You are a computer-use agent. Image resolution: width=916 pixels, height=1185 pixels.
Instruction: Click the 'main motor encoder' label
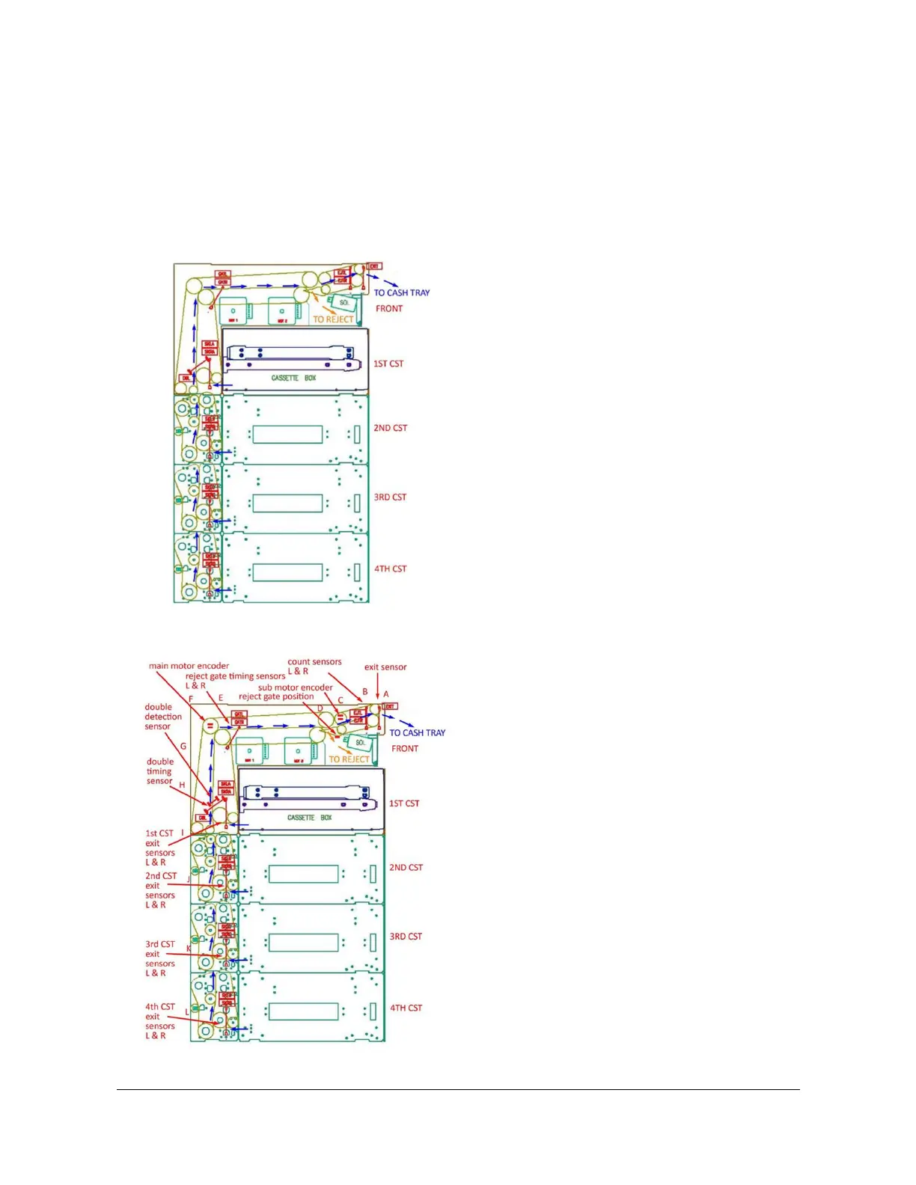[x=189, y=666]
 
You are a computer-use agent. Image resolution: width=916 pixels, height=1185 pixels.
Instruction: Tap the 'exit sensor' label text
[x=385, y=667]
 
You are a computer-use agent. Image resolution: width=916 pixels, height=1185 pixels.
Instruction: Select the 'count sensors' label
[x=314, y=662]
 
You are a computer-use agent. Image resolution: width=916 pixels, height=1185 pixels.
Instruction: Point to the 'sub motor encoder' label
[x=295, y=688]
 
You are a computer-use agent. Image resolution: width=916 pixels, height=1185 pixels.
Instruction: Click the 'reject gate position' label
[x=276, y=696]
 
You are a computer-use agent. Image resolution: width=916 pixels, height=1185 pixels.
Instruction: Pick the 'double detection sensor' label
[x=162, y=717]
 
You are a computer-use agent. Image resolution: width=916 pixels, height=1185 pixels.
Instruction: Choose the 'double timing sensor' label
[x=159, y=771]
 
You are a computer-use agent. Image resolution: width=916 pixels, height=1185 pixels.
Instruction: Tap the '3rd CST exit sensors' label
[x=159, y=958]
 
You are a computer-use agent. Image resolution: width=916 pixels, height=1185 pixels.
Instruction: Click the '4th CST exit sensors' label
[x=159, y=1021]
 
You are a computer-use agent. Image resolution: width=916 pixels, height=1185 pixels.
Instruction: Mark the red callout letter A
[x=386, y=694]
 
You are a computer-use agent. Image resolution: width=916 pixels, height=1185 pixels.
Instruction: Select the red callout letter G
[x=183, y=746]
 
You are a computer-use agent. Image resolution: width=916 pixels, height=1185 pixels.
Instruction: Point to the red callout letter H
[x=182, y=785]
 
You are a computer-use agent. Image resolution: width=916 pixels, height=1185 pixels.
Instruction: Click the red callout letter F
[x=191, y=699]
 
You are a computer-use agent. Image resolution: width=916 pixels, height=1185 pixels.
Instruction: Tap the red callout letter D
[x=320, y=708]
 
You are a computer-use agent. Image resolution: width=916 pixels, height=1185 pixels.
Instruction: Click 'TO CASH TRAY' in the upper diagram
[x=402, y=293]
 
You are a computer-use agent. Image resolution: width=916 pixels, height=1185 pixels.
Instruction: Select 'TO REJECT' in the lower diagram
[x=349, y=759]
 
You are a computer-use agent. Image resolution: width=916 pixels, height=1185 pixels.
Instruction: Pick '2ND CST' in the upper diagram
[x=391, y=428]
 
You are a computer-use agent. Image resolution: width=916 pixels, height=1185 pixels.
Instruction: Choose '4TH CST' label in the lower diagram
[x=406, y=1008]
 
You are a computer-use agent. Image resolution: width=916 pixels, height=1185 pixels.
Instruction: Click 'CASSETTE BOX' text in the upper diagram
[x=293, y=379]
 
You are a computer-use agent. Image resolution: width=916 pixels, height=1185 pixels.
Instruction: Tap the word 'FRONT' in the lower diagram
[x=405, y=748]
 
